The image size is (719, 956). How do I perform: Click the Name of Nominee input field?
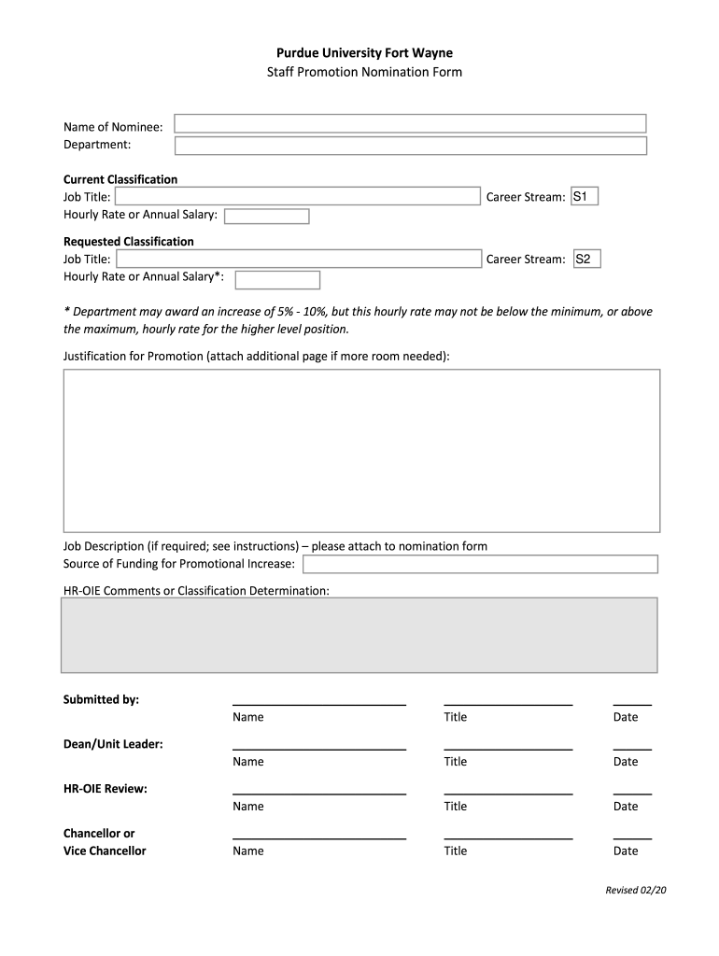410,123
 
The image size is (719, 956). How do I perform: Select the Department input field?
410,146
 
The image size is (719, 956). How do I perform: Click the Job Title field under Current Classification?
297,196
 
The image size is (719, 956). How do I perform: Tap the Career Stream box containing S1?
585,196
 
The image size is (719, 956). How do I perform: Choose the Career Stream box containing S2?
585,259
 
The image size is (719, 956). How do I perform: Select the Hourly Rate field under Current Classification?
266,217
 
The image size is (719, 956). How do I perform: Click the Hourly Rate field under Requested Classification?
277,280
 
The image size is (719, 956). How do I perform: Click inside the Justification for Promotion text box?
361,450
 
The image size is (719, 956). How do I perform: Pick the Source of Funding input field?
480,564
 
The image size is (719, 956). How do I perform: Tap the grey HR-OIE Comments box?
359,635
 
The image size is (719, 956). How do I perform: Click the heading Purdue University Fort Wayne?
364,53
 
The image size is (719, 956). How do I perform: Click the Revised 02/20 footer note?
636,890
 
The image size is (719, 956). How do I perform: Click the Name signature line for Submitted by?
318,703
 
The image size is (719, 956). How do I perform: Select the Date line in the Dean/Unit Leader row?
632,748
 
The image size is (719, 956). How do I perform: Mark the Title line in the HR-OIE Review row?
508,793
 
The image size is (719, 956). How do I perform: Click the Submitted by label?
101,699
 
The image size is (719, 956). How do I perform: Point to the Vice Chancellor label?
105,851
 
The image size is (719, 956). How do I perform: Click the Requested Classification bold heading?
129,242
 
